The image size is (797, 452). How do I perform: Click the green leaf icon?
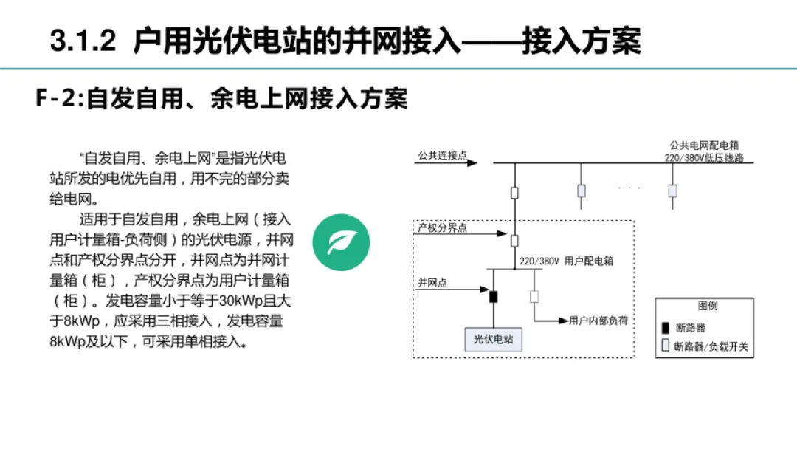pos(340,242)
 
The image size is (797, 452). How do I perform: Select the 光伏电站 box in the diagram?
pos(493,340)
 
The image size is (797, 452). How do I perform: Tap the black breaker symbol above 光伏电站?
pos(493,297)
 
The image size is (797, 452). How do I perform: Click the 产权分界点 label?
pos(442,228)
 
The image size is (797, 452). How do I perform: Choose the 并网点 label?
pos(432,282)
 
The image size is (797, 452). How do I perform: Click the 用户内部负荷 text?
pos(598,321)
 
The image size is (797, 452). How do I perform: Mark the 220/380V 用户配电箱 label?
pos(566,261)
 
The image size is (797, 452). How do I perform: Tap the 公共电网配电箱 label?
pos(704,147)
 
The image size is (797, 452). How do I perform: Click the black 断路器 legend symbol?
pos(665,327)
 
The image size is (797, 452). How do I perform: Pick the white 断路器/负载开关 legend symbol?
pos(665,346)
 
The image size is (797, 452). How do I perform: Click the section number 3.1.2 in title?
pos(83,41)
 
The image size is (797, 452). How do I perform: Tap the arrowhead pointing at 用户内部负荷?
pos(564,321)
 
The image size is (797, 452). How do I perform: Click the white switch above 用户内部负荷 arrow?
pos(534,297)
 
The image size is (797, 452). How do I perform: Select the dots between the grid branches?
pos(629,188)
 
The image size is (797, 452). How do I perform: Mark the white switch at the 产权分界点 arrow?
pos(514,240)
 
